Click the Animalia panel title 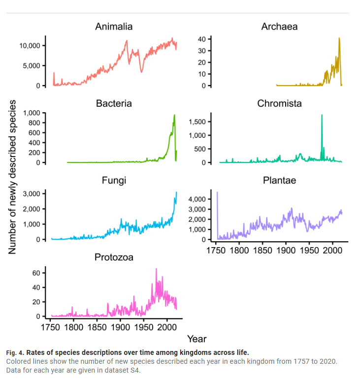coord(114,27)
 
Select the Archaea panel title coord(279,27)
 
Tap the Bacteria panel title coord(114,104)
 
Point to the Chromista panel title coord(279,104)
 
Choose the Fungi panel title coord(114,181)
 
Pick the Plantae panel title coord(279,181)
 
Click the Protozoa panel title coord(114,257)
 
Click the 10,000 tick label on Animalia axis coord(33,46)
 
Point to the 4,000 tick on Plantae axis coord(202,199)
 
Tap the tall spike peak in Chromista coord(322,115)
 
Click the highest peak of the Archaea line coord(339,38)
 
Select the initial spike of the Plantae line coord(217,192)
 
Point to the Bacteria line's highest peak coord(174,115)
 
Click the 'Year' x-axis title coord(196,339)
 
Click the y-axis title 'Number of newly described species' coord(12,177)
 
